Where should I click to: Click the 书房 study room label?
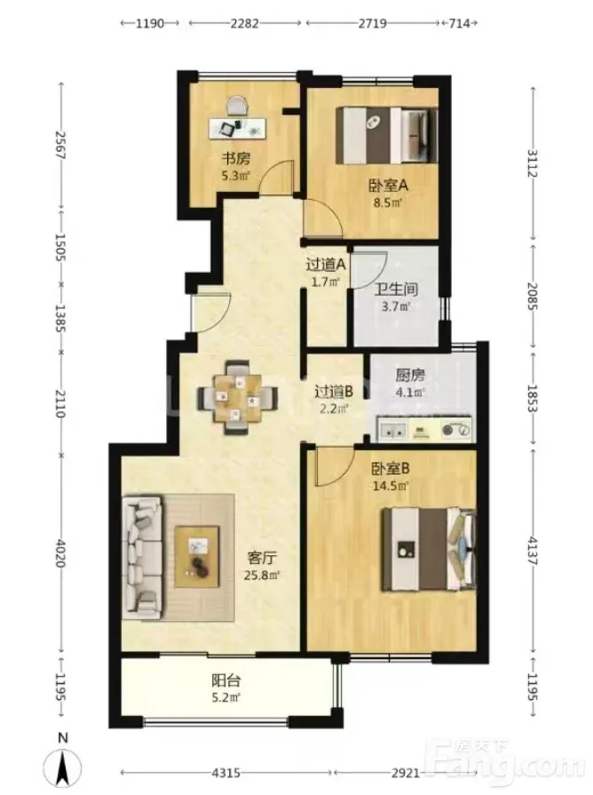(235, 159)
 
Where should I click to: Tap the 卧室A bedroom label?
(388, 186)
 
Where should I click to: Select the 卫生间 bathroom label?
(396, 290)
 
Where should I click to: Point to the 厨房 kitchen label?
(410, 375)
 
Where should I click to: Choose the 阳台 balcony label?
(225, 680)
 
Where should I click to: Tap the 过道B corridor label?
(334, 392)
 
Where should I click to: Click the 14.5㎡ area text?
(391, 486)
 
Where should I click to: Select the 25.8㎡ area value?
(262, 576)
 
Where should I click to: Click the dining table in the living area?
(238, 396)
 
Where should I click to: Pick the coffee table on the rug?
(197, 557)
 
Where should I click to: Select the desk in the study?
(238, 128)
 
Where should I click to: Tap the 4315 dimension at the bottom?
(225, 773)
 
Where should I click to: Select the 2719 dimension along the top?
(373, 23)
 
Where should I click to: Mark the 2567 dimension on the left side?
(61, 146)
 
